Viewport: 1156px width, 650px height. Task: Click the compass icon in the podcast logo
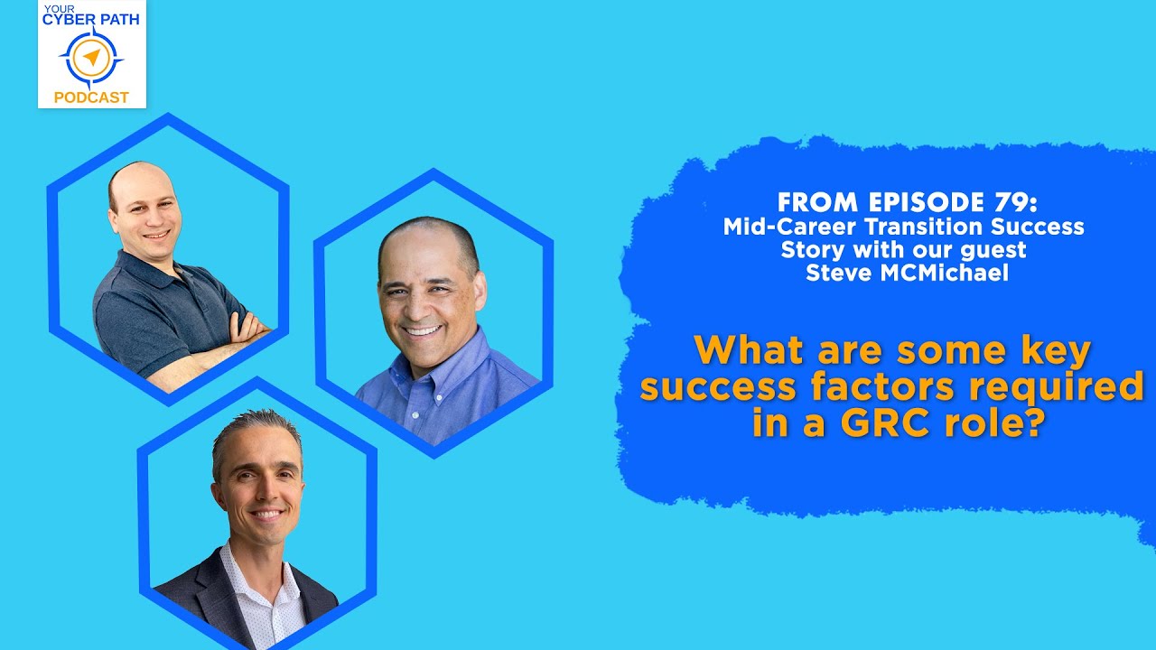pos(91,58)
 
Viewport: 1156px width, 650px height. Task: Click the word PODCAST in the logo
pos(91,97)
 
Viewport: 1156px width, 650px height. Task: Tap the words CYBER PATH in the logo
pos(91,19)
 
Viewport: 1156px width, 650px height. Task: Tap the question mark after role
pos(1035,422)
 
